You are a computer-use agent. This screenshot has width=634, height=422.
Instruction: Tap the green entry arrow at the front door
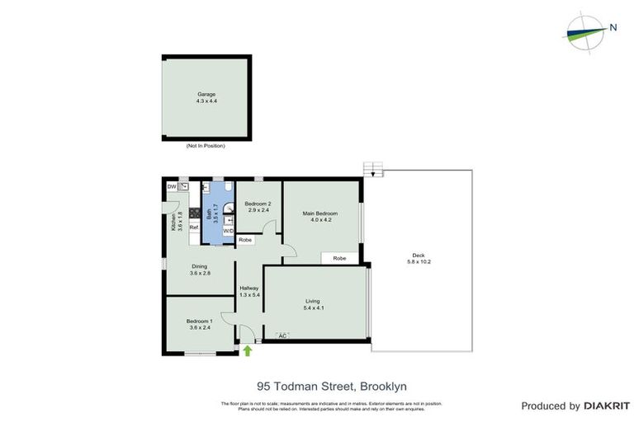(x=248, y=350)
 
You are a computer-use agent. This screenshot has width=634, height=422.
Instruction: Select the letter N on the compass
(x=613, y=27)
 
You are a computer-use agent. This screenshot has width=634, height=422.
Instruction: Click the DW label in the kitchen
(x=172, y=187)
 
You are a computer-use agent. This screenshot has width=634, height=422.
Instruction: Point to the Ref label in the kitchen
(x=194, y=227)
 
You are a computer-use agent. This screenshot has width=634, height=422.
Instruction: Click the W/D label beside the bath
(x=228, y=231)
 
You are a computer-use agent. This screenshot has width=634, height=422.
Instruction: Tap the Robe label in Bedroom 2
(x=245, y=240)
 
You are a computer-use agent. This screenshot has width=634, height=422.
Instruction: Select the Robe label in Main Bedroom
(x=339, y=258)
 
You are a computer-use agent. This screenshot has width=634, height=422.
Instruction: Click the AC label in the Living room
(x=282, y=335)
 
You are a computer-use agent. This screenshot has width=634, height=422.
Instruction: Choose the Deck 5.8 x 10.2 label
(x=419, y=258)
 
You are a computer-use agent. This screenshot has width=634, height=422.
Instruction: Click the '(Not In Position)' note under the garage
(x=206, y=146)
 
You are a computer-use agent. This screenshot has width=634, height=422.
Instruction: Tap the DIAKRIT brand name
(x=607, y=406)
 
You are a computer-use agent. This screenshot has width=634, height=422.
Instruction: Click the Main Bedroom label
(x=320, y=216)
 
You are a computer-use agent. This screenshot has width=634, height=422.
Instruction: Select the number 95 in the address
(x=264, y=386)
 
